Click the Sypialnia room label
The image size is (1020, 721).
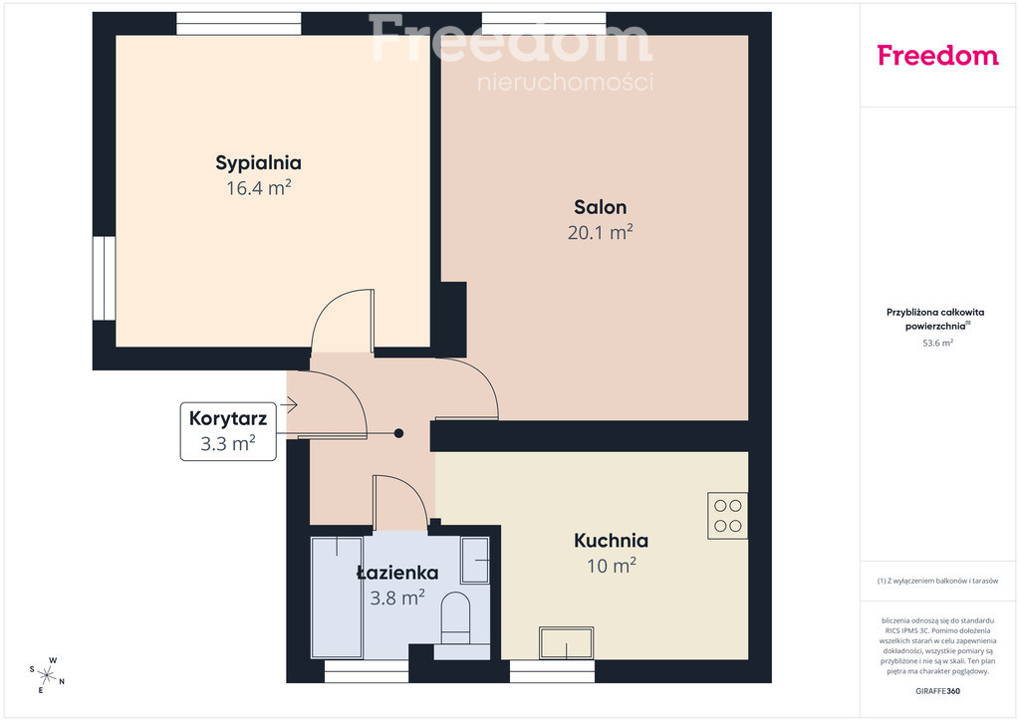coord(258,162)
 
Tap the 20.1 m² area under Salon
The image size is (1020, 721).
coord(601,232)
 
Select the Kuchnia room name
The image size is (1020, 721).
coord(611,541)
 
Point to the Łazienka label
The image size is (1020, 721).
coord(397,573)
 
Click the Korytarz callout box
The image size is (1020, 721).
coord(228,431)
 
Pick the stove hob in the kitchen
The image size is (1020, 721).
coord(727,516)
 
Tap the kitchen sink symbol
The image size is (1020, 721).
coord(567,643)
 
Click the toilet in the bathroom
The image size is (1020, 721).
coord(455,617)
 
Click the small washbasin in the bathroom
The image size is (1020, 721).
coord(475,560)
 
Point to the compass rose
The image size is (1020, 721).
coord(47,675)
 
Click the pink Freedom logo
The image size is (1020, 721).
coord(937,56)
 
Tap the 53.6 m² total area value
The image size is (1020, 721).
coord(937,344)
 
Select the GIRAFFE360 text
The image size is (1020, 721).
coord(937,691)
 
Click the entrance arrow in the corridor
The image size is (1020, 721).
coord(291,405)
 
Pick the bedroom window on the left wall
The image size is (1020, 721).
coord(104,278)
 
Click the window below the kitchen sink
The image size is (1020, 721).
coord(552,671)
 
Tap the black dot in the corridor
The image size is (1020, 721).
coord(398,433)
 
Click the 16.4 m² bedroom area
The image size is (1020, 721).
coord(258,188)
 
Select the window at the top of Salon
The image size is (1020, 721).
coord(544,24)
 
